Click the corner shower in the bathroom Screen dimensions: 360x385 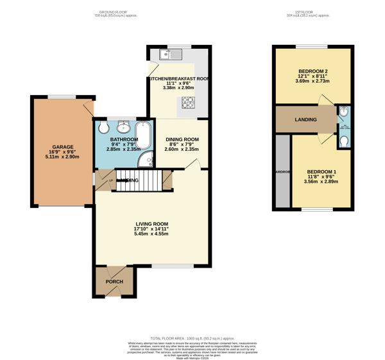147,161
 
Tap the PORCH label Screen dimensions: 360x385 114,281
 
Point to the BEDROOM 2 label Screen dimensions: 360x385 313,71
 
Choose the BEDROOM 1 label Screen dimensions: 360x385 321,171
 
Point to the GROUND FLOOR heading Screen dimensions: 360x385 114,12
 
